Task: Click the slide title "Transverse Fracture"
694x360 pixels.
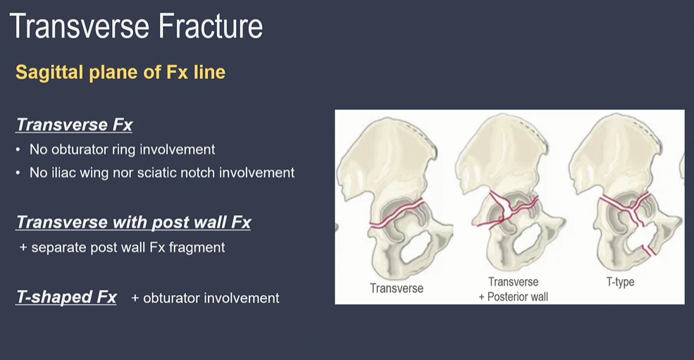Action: click(136, 26)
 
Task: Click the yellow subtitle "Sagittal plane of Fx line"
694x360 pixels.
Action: click(120, 72)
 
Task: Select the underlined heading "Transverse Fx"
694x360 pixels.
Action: click(75, 125)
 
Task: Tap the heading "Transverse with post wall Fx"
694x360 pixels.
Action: click(134, 222)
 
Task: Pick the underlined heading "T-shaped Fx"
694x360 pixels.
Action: click(66, 297)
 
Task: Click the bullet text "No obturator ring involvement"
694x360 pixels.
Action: click(122, 149)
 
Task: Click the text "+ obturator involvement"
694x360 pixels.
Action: click(205, 298)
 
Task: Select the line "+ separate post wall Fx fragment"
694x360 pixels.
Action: click(122, 247)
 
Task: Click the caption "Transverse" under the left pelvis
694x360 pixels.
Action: click(397, 288)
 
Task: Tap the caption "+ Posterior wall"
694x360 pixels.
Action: click(514, 297)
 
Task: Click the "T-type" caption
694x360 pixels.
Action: click(620, 282)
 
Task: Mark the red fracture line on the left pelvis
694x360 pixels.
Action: click(397, 213)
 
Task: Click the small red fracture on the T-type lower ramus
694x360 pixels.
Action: click(650, 251)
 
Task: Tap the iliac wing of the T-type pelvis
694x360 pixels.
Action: click(615, 151)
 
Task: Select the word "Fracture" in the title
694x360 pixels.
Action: click(211, 26)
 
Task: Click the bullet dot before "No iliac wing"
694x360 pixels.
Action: click(18, 173)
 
